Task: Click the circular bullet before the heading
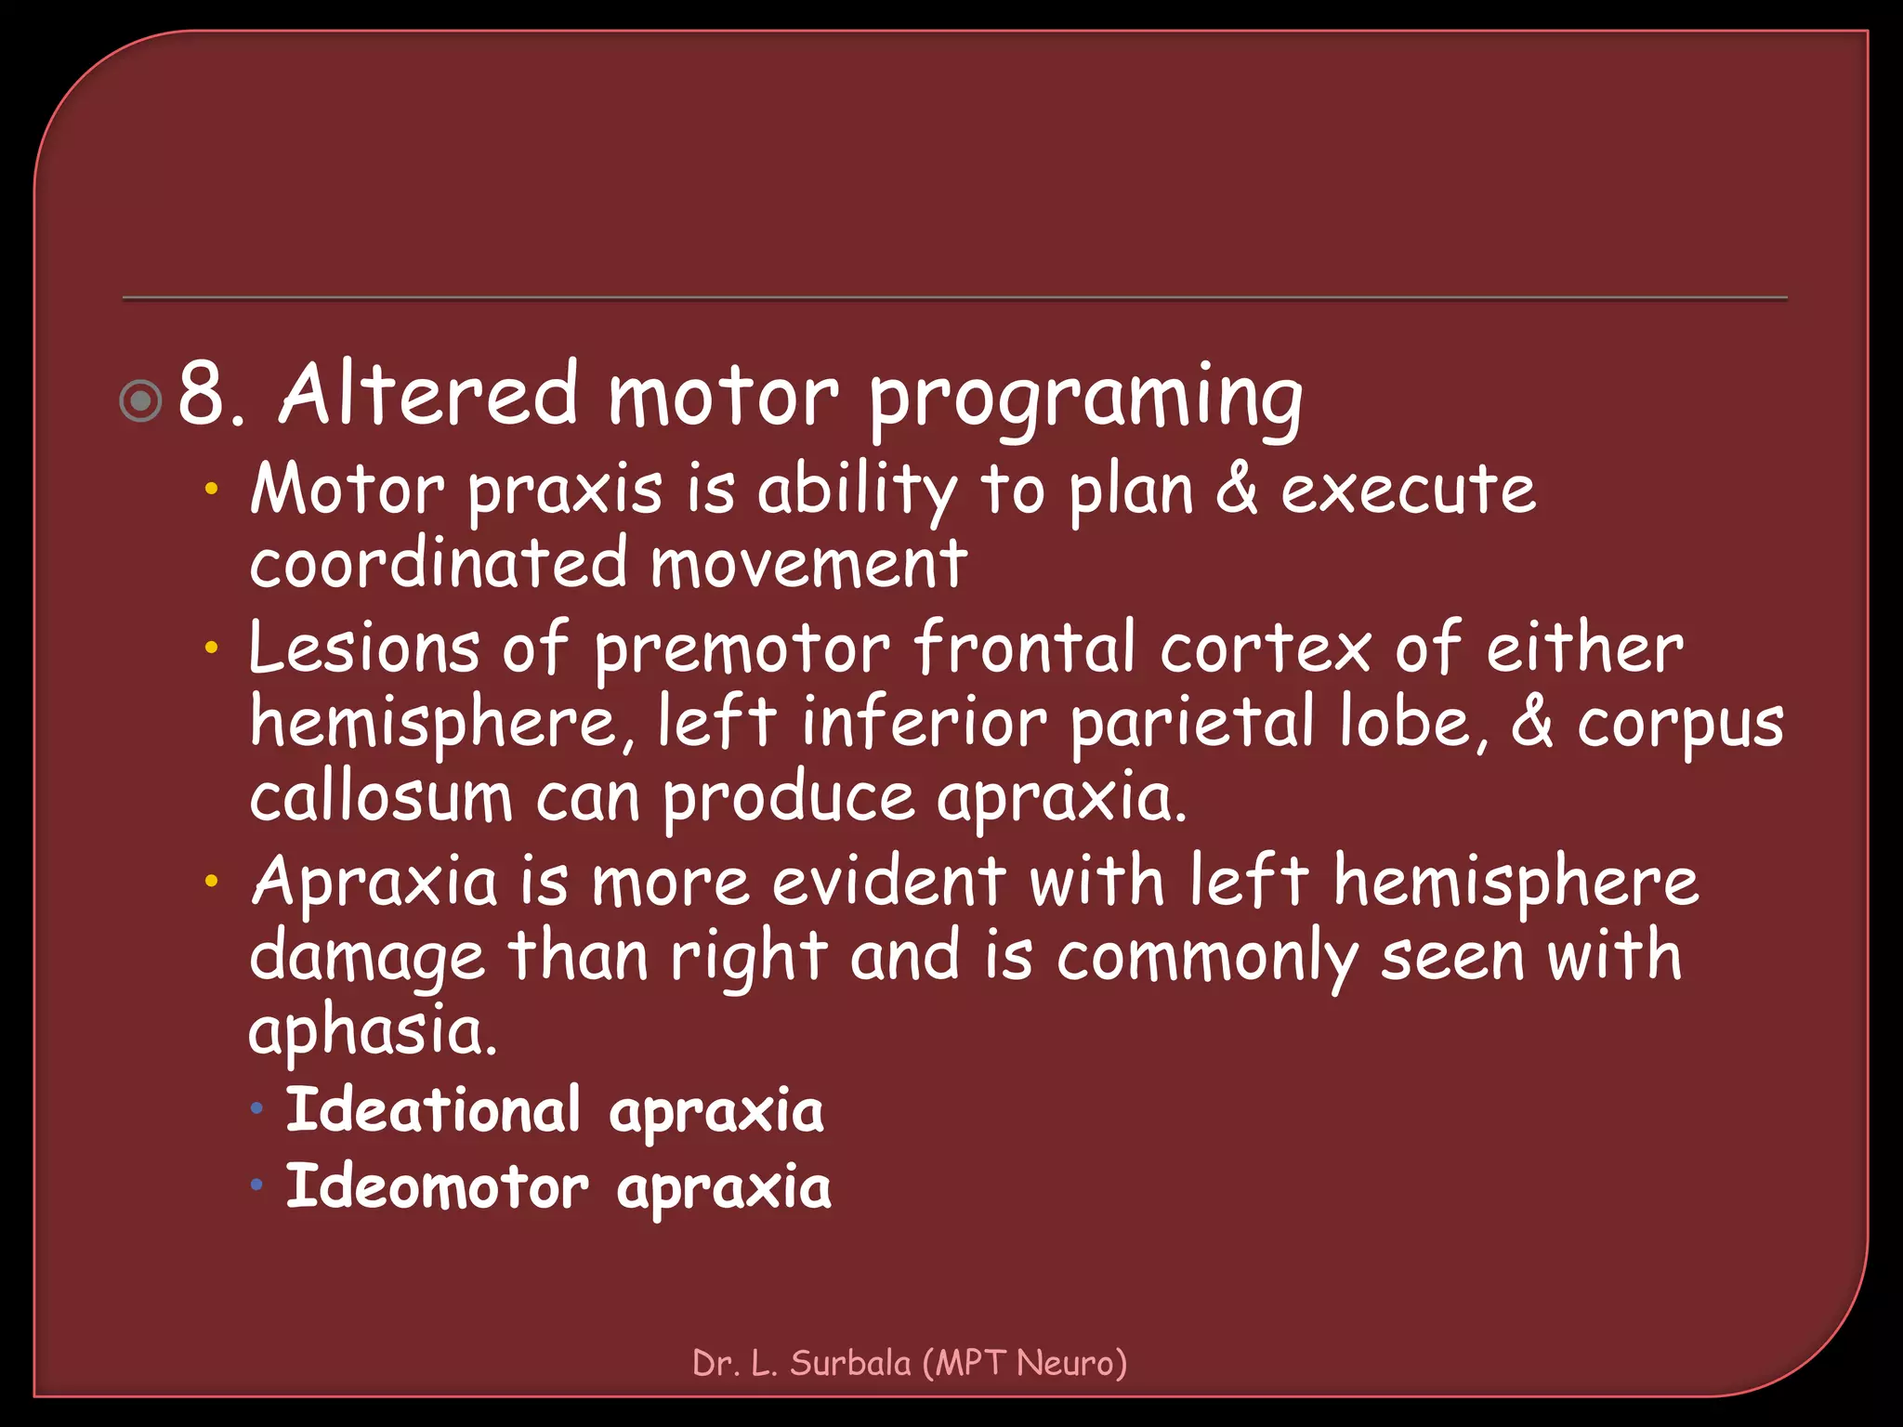pos(141,401)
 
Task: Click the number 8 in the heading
pos(203,395)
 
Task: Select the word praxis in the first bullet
pos(565,491)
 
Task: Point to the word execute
pos(1408,490)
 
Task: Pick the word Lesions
pos(364,648)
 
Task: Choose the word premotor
pos(742,649)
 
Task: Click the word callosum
pos(381,798)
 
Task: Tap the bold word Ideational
pos(433,1110)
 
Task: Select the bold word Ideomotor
pos(437,1187)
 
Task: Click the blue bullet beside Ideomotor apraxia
pos(257,1185)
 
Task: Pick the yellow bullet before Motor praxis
pos(212,488)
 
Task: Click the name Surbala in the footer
pos(850,1363)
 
